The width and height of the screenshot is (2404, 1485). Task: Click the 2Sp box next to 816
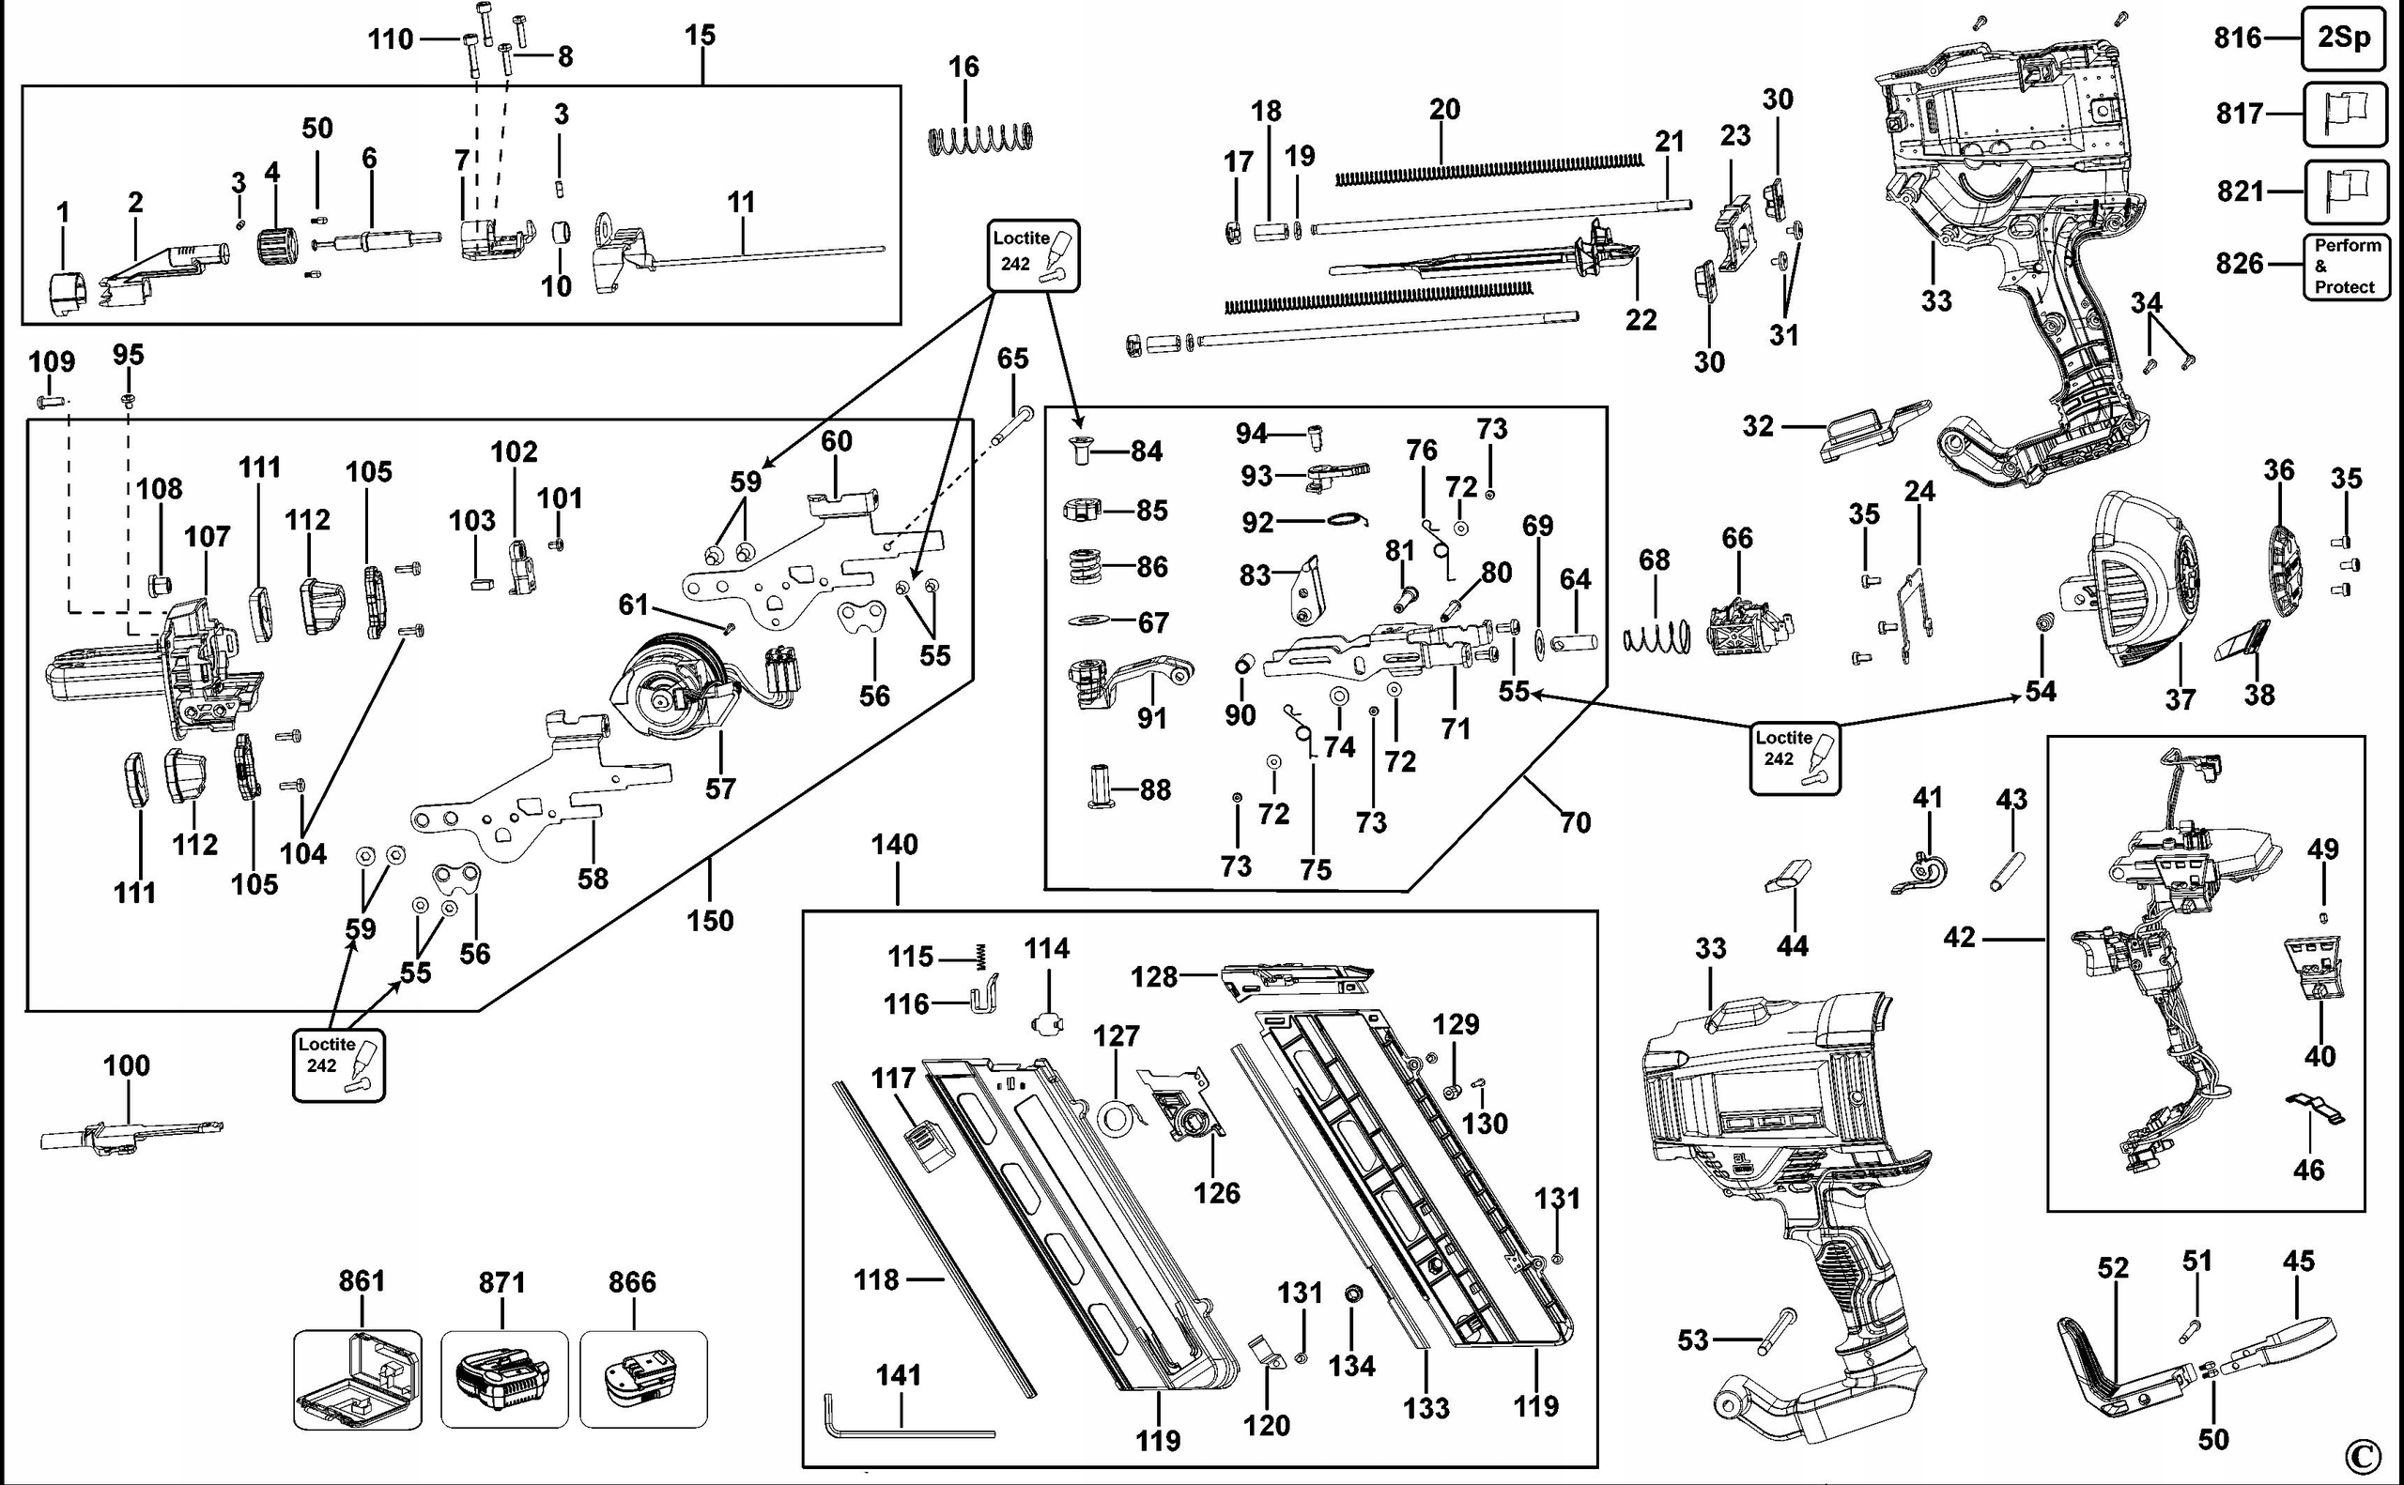(2343, 38)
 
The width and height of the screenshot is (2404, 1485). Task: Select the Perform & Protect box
(2346, 267)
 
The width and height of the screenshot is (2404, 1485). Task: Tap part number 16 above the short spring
(963, 67)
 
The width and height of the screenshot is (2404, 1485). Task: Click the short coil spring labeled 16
(981, 139)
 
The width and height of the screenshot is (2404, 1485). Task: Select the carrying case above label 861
(358, 1378)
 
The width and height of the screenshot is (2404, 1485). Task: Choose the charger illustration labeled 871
(503, 1377)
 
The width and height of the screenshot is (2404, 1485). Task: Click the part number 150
(709, 920)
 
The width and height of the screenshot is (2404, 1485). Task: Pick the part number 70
(1575, 822)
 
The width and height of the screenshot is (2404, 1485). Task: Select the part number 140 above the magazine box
(894, 845)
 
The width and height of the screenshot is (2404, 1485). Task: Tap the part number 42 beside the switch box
(1959, 938)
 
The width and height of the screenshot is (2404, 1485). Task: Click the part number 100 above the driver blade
(127, 1065)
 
